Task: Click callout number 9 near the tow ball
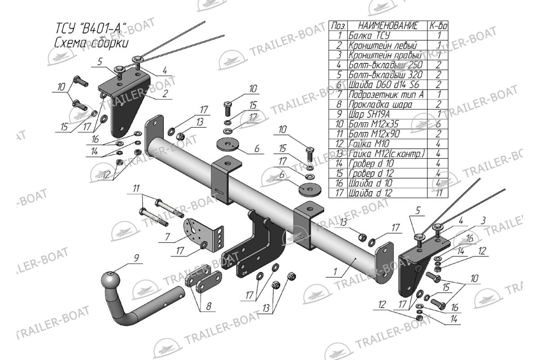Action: (135, 258)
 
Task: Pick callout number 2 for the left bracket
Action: (165, 94)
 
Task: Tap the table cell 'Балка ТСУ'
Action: (369, 35)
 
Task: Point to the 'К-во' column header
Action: (438, 25)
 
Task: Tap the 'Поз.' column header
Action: (338, 25)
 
